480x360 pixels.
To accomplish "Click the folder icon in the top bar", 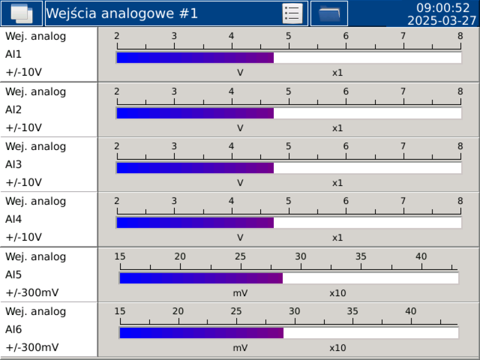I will click(x=329, y=14).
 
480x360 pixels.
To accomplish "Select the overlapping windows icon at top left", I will click(x=22, y=14).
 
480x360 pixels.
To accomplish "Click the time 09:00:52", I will click(x=443, y=8).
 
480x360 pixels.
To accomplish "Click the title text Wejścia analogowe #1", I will click(x=122, y=14).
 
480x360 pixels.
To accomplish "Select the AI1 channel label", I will click(x=14, y=54).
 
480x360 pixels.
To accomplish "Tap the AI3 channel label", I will click(x=14, y=165).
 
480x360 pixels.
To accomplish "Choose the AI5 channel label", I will click(x=14, y=275).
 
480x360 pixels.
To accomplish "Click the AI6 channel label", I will click(x=14, y=330).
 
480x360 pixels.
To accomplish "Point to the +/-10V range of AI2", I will click(x=23, y=127).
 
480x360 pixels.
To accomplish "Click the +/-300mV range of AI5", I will click(x=32, y=293).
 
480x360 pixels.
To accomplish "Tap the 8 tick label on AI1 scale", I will click(x=460, y=37).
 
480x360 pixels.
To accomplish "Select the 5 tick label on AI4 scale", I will click(x=288, y=201).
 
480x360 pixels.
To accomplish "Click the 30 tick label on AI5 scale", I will click(x=300, y=256).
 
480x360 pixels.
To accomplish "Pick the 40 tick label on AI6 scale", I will click(x=411, y=311).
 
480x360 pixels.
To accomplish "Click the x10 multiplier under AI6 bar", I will click(x=337, y=348).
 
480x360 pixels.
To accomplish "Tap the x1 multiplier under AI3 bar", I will click(x=337, y=183).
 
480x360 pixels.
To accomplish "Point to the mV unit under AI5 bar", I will click(x=240, y=293).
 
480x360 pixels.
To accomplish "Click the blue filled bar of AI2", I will click(x=195, y=113).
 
